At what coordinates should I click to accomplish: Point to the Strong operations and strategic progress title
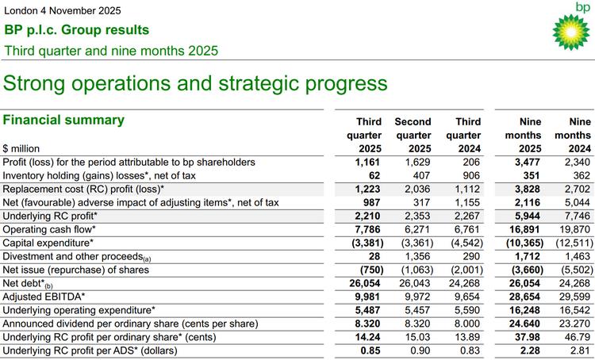pyautogui.click(x=196, y=82)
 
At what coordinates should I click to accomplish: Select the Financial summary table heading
pyautogui.click(x=64, y=120)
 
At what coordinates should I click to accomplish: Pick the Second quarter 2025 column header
pyautogui.click(x=413, y=135)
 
